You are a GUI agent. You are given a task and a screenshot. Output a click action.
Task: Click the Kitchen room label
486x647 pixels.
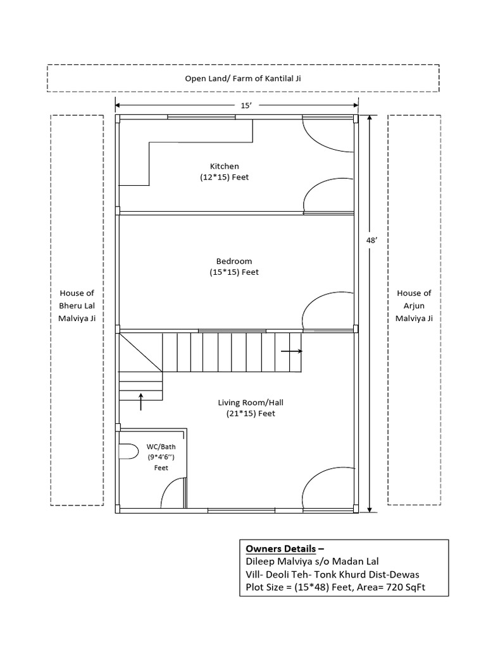(x=225, y=166)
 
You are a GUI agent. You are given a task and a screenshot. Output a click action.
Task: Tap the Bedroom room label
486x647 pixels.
(x=234, y=261)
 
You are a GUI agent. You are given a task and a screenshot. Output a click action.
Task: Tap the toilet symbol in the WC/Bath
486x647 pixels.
(x=128, y=452)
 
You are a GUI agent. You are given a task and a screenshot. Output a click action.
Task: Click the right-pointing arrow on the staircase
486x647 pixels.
(x=291, y=351)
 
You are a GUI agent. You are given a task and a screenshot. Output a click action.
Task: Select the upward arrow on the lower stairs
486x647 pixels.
(x=140, y=401)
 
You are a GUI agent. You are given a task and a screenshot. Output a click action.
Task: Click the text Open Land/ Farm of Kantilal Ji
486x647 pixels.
(x=243, y=78)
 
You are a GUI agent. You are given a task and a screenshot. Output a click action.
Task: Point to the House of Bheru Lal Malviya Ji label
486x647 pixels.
(x=77, y=306)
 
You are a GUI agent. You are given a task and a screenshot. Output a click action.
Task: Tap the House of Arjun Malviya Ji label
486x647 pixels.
(x=414, y=306)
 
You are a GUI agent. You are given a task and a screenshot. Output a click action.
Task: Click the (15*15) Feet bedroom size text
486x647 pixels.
(x=234, y=272)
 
